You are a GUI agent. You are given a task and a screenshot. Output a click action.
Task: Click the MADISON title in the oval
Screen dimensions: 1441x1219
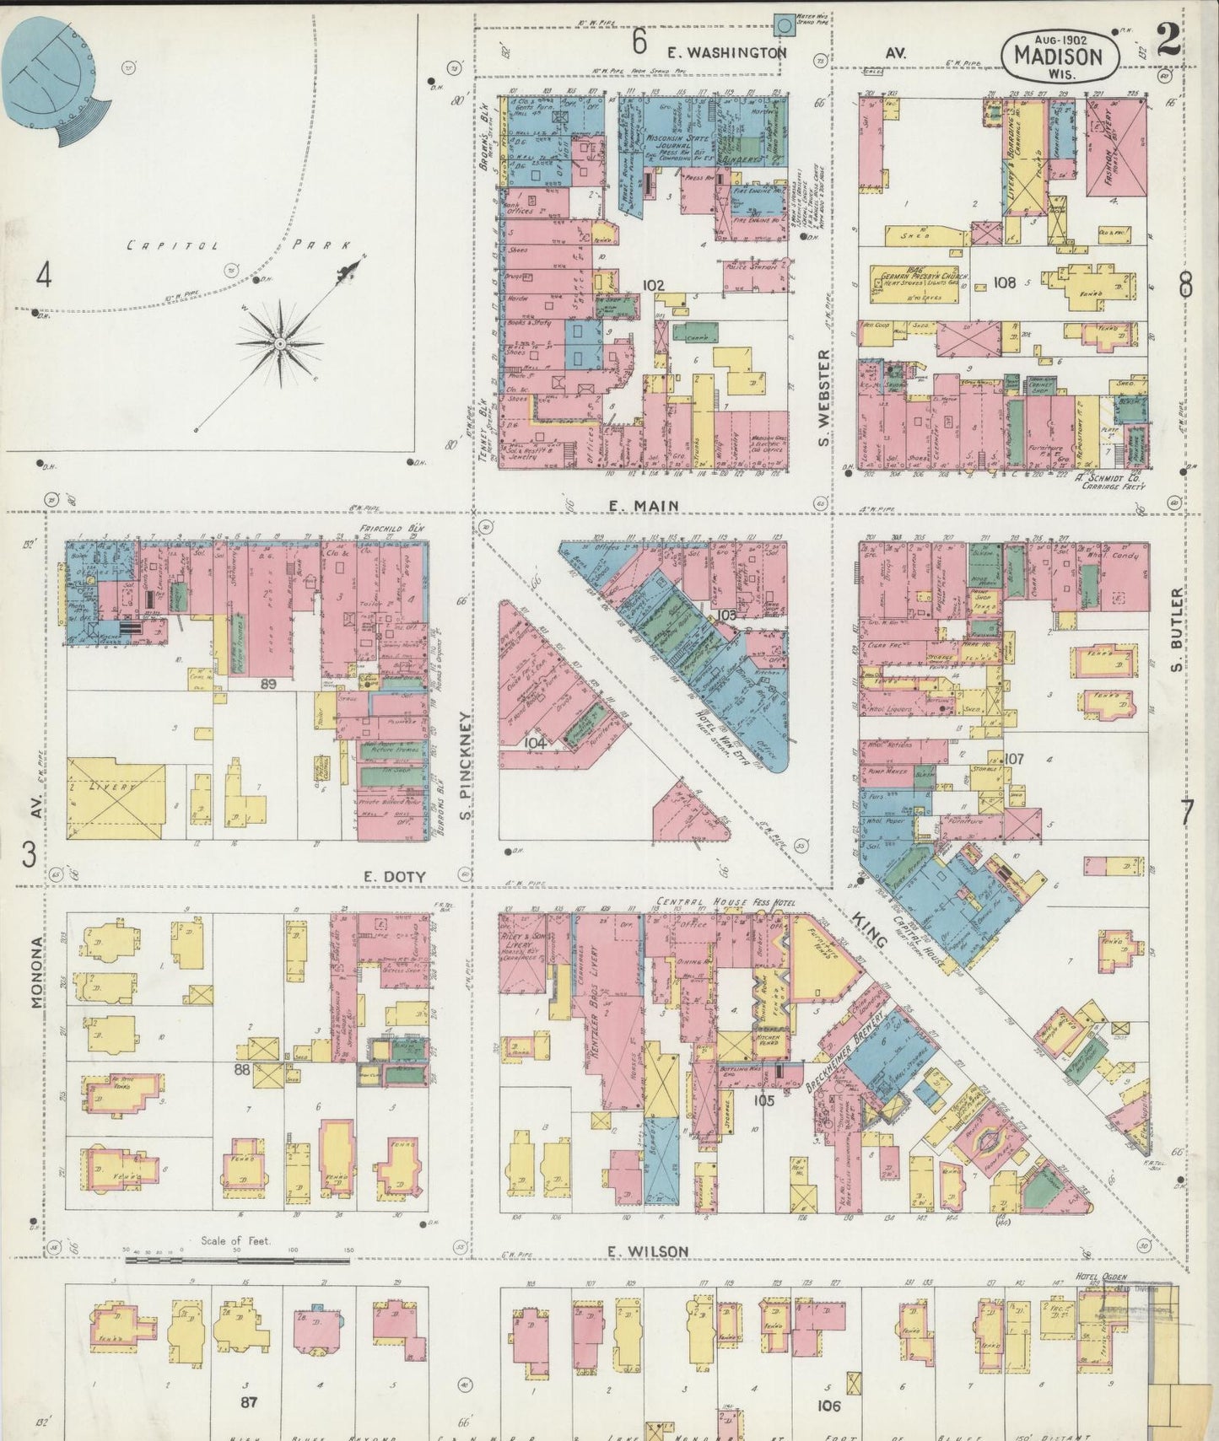1058,56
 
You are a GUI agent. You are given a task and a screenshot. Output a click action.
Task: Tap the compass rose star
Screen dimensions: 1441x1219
280,343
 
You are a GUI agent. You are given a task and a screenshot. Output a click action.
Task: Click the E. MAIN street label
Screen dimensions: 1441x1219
644,505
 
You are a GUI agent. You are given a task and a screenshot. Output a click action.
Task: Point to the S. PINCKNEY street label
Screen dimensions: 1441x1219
464,767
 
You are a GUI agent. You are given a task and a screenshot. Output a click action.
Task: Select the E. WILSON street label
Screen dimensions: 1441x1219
648,1251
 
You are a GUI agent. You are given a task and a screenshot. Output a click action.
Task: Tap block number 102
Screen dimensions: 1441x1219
653,285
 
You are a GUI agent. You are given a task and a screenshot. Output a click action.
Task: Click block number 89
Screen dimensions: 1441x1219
268,684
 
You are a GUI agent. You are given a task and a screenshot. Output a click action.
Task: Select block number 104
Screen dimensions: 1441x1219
535,743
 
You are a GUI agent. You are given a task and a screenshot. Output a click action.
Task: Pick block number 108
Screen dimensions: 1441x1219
1004,282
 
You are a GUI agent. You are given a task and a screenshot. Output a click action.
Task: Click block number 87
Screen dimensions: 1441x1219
248,1402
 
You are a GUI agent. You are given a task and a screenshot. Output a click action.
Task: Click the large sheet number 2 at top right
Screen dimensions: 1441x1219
1168,40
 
